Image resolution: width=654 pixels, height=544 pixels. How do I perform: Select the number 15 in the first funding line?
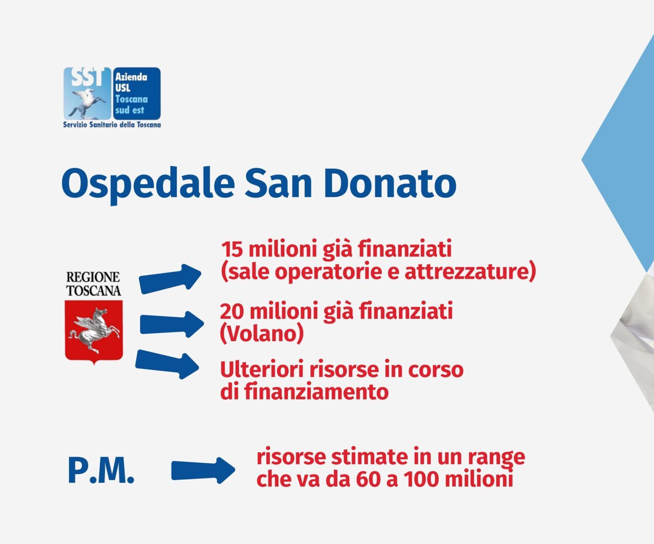(x=232, y=249)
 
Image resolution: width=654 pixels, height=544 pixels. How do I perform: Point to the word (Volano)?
(x=262, y=334)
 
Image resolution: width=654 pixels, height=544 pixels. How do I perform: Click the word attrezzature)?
(x=470, y=271)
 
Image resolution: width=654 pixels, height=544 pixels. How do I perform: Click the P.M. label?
(x=101, y=471)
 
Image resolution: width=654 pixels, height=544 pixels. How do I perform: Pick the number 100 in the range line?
(x=421, y=479)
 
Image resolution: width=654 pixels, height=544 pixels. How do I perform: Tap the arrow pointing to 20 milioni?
(x=172, y=324)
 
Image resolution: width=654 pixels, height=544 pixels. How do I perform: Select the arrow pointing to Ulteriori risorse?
(x=167, y=364)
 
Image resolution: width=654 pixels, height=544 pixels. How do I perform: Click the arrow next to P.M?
(x=203, y=470)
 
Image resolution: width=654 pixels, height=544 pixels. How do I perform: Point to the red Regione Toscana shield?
(x=93, y=332)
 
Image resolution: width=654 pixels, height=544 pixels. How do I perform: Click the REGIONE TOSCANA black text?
(x=93, y=284)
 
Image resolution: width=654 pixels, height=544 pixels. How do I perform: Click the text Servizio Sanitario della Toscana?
(x=112, y=125)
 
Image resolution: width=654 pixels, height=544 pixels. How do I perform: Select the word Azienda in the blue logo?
(x=131, y=77)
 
